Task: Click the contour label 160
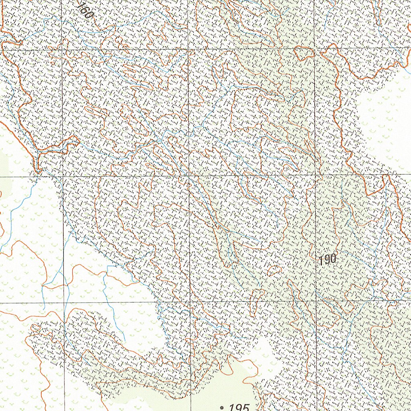pyautogui.click(x=85, y=11)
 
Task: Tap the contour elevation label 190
pyautogui.click(x=328, y=260)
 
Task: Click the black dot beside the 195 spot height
pyautogui.click(x=222, y=408)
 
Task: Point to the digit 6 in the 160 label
pyautogui.click(x=85, y=11)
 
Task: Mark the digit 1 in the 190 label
pyautogui.click(x=322, y=260)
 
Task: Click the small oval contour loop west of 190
pyautogui.click(x=274, y=271)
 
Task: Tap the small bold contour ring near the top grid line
pyautogui.click(x=304, y=53)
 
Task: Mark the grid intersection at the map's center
pyautogui.click(x=189, y=176)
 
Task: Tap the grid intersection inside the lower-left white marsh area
pyautogui.click(x=64, y=302)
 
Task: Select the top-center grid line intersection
pyautogui.click(x=188, y=49)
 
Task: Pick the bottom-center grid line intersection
pyautogui.click(x=190, y=301)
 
